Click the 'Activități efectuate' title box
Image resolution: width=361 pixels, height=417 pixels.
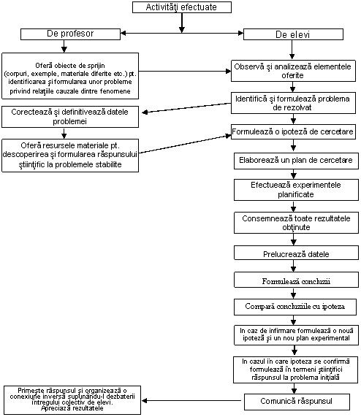tap(182, 7)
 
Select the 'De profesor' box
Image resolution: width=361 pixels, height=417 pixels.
tap(70, 34)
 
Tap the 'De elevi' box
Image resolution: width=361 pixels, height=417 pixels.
tap(293, 34)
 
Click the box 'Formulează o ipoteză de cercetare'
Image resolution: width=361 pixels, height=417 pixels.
tap(293, 131)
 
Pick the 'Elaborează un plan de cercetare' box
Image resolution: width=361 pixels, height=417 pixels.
tap(296, 161)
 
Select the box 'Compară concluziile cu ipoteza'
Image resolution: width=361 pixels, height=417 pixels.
tap(295, 307)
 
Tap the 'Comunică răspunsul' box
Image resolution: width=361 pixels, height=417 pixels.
tap(297, 402)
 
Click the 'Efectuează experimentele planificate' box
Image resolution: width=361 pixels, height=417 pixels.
tap(296, 190)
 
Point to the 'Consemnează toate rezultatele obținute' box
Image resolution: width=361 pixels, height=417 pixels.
tap(296, 223)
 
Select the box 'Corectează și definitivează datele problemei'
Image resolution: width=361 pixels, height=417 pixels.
tap(70, 117)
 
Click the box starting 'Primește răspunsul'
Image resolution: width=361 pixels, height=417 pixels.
tap(72, 400)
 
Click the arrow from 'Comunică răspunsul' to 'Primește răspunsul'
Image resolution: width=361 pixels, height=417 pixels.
tap(191, 400)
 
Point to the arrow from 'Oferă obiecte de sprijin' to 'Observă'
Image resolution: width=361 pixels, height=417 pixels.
tap(185, 72)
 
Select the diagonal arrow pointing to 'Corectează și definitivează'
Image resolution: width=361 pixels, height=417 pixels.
tap(186, 107)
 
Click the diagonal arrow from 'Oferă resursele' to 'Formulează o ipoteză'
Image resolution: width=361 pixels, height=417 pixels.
tap(185, 144)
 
